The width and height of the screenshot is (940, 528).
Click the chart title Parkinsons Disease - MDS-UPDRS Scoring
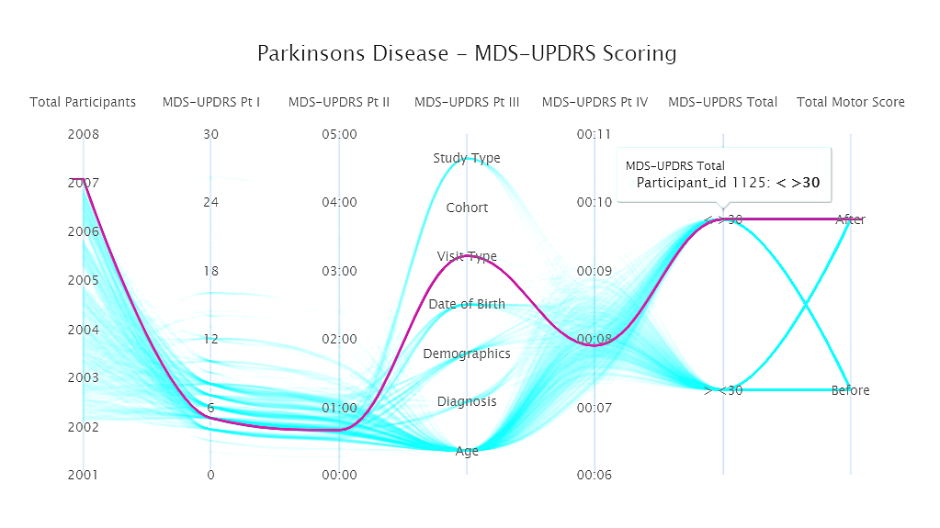tap(467, 53)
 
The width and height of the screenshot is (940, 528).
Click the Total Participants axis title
tap(83, 102)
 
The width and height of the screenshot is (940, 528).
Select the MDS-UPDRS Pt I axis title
tap(210, 102)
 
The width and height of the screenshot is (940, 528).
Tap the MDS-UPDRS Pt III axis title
tap(467, 102)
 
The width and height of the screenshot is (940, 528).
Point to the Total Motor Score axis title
tap(850, 102)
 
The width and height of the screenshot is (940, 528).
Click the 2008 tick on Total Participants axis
tap(83, 134)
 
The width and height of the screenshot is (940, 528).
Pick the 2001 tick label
tap(83, 475)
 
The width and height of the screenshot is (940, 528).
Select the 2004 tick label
tap(83, 329)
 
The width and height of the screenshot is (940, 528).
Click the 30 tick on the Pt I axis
tap(210, 134)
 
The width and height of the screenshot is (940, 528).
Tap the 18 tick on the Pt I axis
tap(210, 271)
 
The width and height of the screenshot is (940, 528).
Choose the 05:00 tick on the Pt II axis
tap(339, 134)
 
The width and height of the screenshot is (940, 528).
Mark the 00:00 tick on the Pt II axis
tap(339, 475)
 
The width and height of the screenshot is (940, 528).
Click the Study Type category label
tap(467, 158)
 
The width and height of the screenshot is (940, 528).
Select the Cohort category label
tap(467, 208)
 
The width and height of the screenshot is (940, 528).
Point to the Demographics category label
tap(467, 354)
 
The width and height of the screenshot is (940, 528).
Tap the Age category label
tap(467, 451)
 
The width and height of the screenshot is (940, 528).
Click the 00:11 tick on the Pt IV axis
tap(595, 134)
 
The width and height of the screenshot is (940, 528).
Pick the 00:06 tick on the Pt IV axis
tap(595, 475)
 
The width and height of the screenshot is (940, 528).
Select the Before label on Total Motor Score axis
tap(850, 390)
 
